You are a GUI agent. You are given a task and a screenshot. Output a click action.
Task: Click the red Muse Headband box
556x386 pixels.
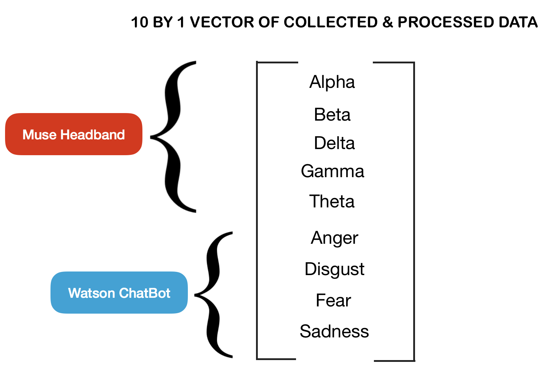[x=74, y=134]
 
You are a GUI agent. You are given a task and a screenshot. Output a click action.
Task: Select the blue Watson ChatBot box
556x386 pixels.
[x=119, y=292]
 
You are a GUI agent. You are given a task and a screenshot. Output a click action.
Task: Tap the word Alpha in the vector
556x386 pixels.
[x=332, y=82]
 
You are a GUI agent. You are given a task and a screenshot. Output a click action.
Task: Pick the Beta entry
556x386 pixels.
[x=332, y=115]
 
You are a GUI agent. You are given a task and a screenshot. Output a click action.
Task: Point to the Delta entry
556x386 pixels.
[x=334, y=143]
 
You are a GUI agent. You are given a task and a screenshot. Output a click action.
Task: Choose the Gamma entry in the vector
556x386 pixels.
[x=332, y=171]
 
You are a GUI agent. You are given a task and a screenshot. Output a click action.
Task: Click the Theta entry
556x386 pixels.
[x=332, y=201]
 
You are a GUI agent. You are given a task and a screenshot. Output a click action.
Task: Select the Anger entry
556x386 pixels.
[x=335, y=238]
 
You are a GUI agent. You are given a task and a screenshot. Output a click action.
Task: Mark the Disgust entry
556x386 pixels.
[x=334, y=269]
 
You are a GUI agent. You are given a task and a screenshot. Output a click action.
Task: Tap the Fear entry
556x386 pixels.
[x=333, y=300]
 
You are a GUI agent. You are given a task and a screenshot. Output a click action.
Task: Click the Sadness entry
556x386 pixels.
[x=334, y=331]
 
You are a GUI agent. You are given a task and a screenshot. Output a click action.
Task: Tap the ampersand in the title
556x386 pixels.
[x=387, y=22]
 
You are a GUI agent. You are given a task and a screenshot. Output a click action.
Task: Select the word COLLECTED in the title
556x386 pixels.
[x=330, y=22]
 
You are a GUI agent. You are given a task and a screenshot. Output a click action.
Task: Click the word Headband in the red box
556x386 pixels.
[x=93, y=135]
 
